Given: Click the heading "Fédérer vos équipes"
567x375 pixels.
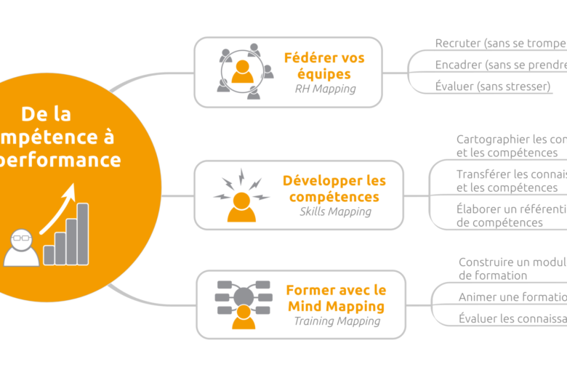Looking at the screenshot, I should [x=324, y=65].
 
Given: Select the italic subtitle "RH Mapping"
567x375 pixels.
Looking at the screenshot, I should [x=325, y=89].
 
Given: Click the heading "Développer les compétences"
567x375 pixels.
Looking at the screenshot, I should [x=334, y=189].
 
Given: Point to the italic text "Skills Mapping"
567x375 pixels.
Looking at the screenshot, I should [x=335, y=212].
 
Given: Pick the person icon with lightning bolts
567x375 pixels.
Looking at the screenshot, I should [x=241, y=195].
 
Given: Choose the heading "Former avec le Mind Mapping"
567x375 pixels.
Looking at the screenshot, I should [x=335, y=298].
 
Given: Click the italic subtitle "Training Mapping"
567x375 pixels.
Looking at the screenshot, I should [x=337, y=320].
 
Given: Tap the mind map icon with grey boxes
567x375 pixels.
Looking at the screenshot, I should [x=243, y=303].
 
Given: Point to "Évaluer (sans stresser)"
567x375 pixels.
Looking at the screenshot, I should [x=493, y=86].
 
